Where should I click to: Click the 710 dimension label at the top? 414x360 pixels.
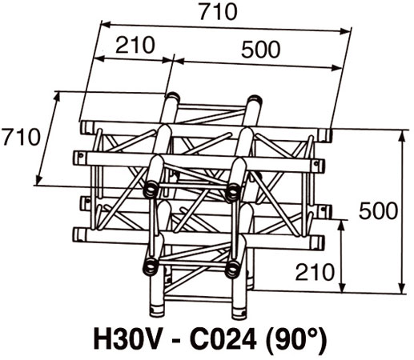click(219, 12)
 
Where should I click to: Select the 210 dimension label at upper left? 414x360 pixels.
click(135, 45)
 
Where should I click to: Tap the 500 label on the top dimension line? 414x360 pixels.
click(261, 50)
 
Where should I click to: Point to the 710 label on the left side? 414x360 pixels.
click(21, 137)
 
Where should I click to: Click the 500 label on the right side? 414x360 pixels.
click(378, 210)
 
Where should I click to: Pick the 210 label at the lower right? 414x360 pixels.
click(315, 272)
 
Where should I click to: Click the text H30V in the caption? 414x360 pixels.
click(127, 339)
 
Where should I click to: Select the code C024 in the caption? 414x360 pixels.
click(223, 339)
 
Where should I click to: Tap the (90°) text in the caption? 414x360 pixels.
click(295, 339)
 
